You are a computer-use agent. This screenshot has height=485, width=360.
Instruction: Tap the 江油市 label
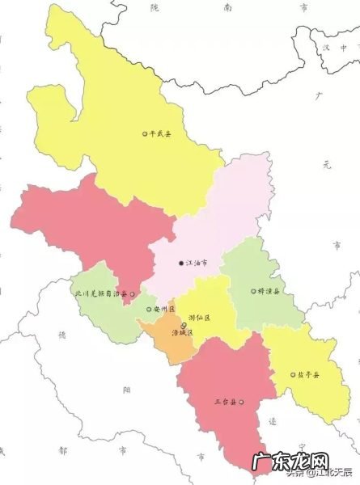click(197, 264)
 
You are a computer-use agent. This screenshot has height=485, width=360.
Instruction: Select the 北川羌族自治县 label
click(100, 294)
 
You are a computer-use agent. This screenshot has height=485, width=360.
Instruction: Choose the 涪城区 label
click(184, 332)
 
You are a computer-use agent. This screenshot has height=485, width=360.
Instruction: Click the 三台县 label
click(226, 402)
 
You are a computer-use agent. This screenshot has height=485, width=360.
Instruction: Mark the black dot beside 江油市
click(180, 264)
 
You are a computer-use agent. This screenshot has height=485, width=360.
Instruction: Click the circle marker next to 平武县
click(145, 134)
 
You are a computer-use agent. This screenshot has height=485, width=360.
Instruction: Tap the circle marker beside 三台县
click(241, 402)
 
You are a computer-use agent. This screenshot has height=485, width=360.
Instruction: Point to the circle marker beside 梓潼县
click(252, 291)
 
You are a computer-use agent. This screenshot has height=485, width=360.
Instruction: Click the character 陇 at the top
click(155, 6)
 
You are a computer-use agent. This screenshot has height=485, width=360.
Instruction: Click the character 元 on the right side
click(326, 165)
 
